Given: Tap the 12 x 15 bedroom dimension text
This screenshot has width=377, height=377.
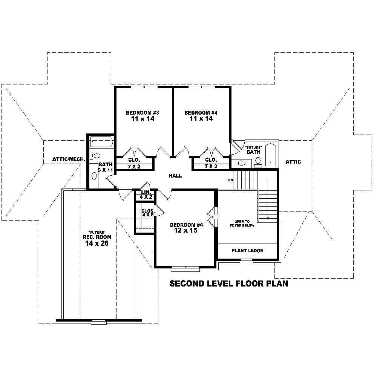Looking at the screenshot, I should point(185,230).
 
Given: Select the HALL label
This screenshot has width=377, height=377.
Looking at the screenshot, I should point(175,176).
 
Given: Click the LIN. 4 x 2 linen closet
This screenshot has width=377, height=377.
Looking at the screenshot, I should point(145,195).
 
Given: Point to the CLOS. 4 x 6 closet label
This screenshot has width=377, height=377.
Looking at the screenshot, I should point(147,212).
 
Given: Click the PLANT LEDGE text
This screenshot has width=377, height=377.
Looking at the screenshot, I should point(247,251).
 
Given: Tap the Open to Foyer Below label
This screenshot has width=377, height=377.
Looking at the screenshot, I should point(242,223).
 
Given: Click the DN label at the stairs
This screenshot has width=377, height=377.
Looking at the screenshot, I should point(230,180).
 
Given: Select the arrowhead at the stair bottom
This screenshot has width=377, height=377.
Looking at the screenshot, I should point(268,218).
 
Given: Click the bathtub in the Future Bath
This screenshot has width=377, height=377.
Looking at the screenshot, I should point(270,155).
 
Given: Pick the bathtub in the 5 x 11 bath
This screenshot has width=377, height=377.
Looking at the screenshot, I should point(101,142).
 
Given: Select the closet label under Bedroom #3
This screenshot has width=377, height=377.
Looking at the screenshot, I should point(134,160).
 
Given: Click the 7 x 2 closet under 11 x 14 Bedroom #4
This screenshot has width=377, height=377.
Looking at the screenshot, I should point(211,166).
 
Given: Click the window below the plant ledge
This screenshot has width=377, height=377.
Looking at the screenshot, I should point(246,261).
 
